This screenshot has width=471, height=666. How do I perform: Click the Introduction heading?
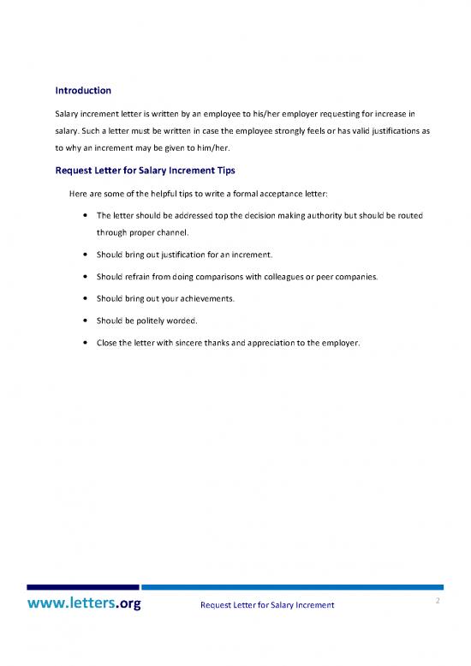point(83,89)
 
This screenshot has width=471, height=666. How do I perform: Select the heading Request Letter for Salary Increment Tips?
point(145,170)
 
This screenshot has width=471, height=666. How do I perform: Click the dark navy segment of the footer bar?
point(83,587)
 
